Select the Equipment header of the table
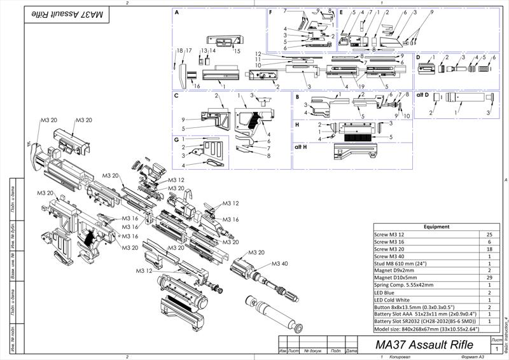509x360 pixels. point(436,226)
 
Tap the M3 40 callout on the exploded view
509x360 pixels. point(280,263)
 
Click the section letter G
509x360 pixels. point(176,139)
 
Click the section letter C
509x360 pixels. point(176,95)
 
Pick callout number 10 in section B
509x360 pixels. point(407,116)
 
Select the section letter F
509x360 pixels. point(271,12)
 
